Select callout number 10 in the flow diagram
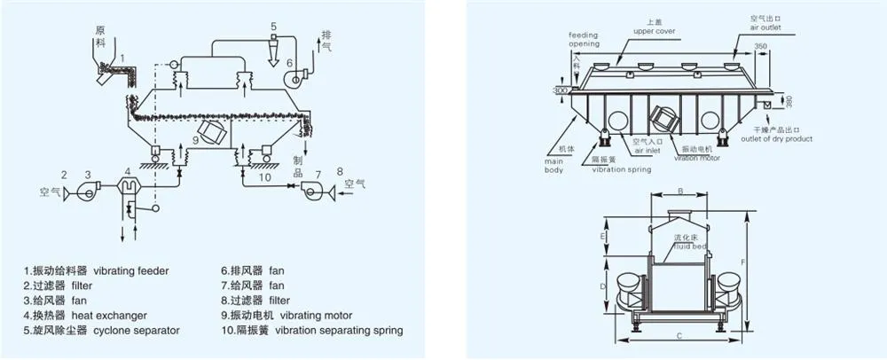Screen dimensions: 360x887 pos(264,177)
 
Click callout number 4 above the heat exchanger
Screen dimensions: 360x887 pos(128,169)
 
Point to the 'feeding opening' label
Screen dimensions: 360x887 pos(583,40)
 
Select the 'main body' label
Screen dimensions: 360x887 pos(554,165)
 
